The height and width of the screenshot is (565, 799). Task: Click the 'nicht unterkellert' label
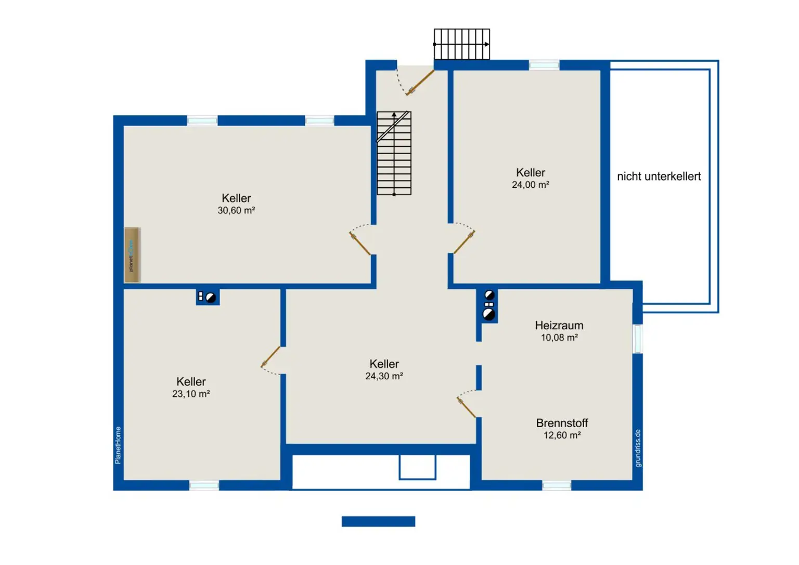659,176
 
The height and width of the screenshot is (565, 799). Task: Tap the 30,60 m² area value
236,211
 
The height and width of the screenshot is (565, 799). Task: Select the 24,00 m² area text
531,184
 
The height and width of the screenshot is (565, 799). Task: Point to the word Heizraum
559,325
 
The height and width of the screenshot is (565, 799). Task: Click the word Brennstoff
562,423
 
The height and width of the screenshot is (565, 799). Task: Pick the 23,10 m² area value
191,394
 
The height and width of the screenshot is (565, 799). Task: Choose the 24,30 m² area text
384,376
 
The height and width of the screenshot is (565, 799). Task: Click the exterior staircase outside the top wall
462,44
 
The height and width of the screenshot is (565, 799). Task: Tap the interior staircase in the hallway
394,153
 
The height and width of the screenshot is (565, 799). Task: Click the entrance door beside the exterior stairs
420,82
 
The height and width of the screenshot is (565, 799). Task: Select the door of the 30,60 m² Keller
360,240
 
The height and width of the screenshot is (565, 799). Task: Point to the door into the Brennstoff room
467,405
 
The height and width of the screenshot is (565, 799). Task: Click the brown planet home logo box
132,255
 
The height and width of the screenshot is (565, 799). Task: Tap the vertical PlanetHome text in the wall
118,445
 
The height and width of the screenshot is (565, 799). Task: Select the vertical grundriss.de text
638,448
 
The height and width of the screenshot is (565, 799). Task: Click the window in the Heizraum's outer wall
638,339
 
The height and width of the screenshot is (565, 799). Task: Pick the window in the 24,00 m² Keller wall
544,65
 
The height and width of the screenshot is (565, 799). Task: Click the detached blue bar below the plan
379,521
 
